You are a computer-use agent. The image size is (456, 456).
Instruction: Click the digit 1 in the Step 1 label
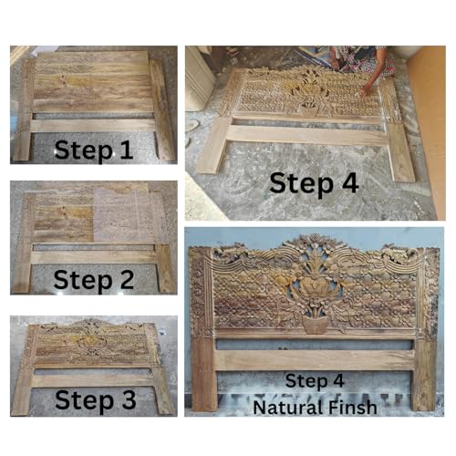click(x=127, y=150)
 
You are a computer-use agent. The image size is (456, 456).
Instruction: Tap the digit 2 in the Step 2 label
click(x=126, y=280)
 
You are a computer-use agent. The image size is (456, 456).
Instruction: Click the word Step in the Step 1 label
click(x=84, y=151)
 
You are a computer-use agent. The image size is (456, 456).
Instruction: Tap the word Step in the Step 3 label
click(x=84, y=400)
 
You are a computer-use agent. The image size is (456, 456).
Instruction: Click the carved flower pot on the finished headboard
click(x=316, y=325)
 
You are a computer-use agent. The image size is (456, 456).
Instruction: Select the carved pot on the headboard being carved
click(x=309, y=111)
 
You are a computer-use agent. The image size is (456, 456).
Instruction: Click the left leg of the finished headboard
click(x=203, y=375)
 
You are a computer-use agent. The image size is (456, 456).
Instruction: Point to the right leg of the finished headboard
click(x=424, y=375)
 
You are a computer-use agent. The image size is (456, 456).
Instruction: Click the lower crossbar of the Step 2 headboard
click(x=93, y=257)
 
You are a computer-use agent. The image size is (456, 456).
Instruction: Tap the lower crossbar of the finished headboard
click(x=315, y=359)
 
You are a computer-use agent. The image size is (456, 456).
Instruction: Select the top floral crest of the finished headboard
click(x=316, y=246)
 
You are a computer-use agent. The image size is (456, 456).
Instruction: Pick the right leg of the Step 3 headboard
click(x=162, y=390)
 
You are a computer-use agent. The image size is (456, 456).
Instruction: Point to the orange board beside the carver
click(x=426, y=130)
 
